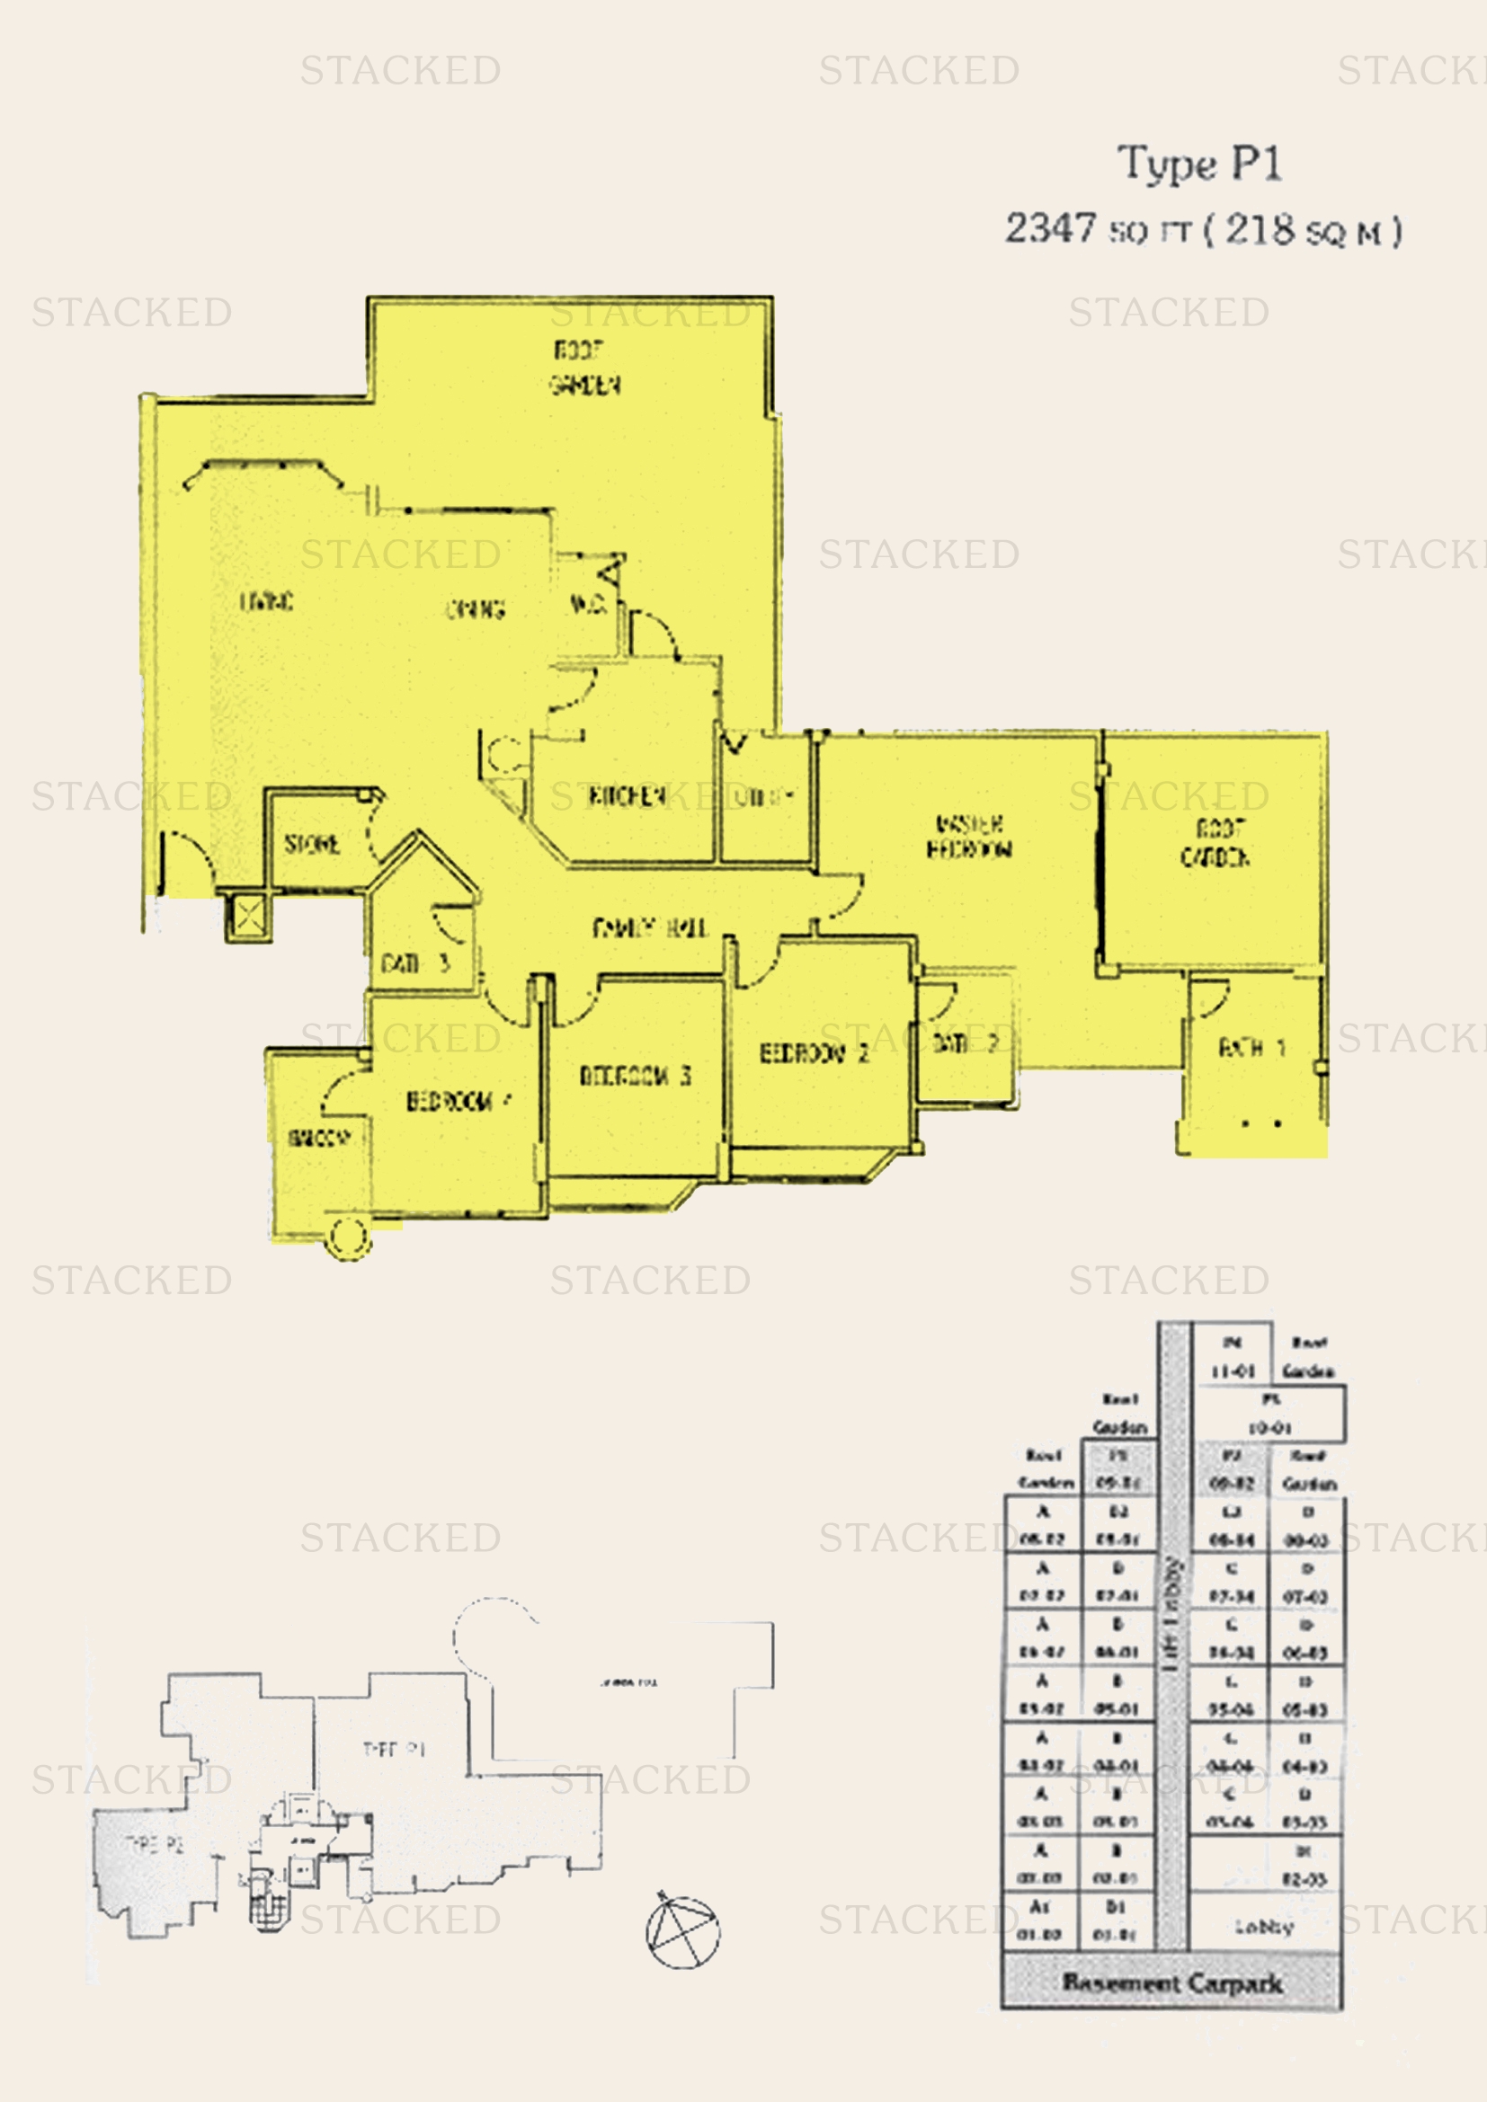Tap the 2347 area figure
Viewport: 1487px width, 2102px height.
pos(1050,228)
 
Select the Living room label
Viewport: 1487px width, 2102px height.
pos(266,601)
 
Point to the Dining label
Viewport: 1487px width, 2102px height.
pos(476,608)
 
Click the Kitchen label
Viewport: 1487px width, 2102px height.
pos(628,795)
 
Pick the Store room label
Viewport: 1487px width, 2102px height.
pos(312,843)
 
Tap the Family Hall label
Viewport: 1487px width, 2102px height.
pos(649,928)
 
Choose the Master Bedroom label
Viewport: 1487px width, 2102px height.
pos(969,837)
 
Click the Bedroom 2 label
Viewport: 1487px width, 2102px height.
pos(814,1053)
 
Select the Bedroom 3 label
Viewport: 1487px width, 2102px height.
pos(635,1075)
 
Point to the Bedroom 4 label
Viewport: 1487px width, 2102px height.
pos(459,1101)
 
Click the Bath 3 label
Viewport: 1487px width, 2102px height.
pos(414,963)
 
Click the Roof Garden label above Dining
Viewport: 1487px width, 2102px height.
pos(584,368)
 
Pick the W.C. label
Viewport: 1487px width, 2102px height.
pos(587,603)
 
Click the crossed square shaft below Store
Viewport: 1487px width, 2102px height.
pos(248,916)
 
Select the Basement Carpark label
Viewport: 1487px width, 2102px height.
pos(1172,1983)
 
